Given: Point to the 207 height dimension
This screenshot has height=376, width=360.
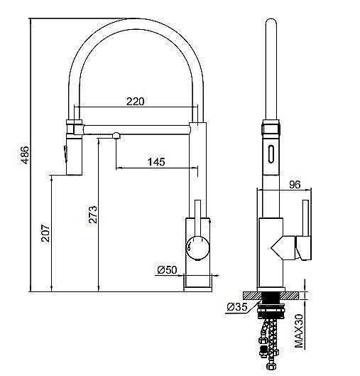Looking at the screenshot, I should click(x=44, y=235).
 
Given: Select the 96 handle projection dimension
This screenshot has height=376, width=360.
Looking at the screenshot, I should click(x=295, y=184).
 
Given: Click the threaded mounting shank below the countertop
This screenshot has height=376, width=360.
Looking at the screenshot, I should click(x=271, y=306).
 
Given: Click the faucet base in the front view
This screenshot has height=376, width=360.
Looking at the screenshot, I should click(x=197, y=284).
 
